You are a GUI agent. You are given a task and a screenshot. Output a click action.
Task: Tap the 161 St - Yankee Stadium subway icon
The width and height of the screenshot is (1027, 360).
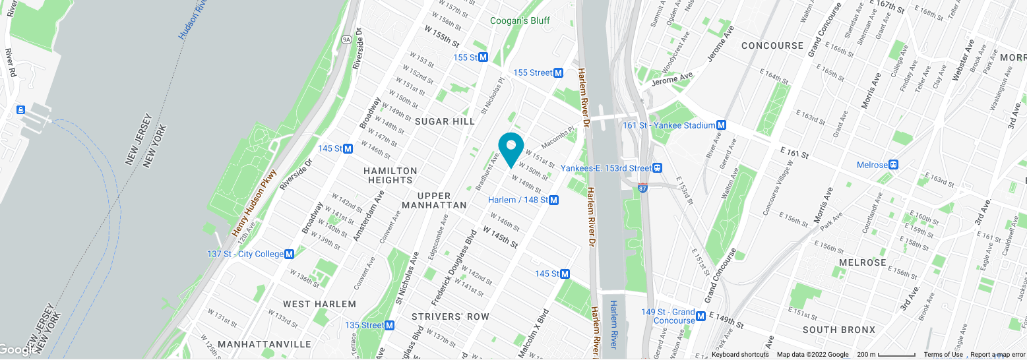point(722,125)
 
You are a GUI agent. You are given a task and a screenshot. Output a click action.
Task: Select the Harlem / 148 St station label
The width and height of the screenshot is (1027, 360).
point(518,200)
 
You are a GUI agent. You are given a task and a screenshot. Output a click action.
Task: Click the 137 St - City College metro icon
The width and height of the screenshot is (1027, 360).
point(289,255)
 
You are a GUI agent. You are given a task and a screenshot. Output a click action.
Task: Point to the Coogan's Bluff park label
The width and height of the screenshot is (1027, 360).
point(520,20)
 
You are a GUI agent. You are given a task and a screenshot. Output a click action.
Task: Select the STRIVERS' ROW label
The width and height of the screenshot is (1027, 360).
point(451,316)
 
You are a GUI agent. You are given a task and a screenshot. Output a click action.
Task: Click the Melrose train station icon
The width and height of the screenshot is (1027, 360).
point(894,165)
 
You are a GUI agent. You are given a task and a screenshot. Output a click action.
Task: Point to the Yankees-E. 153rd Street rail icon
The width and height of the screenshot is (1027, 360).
point(658,168)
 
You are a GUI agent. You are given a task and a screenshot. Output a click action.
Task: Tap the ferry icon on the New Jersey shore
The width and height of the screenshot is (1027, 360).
point(20,109)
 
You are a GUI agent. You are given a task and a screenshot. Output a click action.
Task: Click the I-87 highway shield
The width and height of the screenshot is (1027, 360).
point(644,189)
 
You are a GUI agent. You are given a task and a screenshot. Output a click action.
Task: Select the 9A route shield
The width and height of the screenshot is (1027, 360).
point(346,40)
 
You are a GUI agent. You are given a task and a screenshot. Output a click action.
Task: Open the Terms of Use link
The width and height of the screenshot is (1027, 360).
point(943,355)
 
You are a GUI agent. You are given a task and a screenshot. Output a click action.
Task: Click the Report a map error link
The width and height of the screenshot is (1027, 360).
point(997,355)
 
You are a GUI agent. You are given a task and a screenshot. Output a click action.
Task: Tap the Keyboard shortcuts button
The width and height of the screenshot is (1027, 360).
point(740,355)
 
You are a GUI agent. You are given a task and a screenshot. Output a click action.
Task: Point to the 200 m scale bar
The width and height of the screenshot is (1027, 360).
point(886,355)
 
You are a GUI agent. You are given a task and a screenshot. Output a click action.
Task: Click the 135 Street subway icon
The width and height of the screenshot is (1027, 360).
point(390,325)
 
